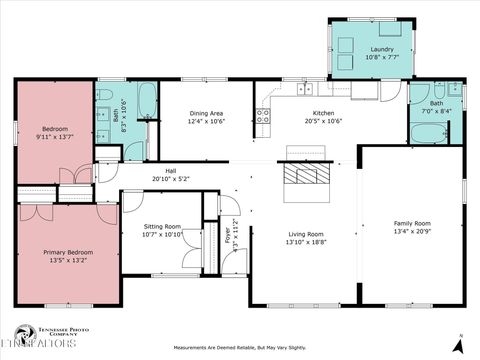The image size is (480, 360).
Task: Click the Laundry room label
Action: (381, 49)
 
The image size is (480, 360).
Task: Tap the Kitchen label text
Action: (323, 114)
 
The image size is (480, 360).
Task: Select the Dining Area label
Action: (206, 114)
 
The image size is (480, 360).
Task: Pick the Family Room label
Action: (411, 223)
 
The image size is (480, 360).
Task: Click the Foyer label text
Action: (227, 236)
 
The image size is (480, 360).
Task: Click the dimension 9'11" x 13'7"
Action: (55, 137)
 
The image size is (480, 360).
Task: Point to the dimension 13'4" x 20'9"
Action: (411, 231)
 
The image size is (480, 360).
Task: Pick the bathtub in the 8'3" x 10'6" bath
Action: (146, 99)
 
